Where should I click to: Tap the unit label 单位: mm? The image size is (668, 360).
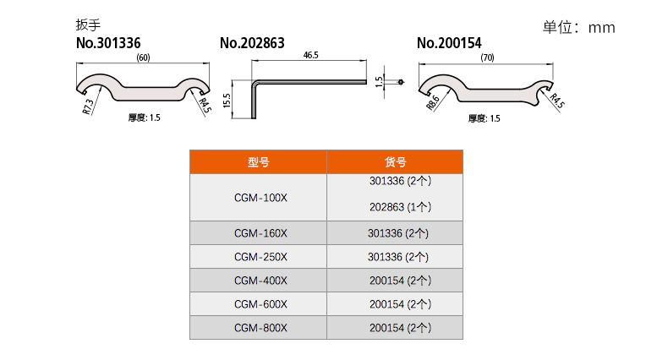coord(578,27)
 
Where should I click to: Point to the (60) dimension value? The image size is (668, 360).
coord(143,57)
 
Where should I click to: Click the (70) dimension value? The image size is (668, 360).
coord(487,57)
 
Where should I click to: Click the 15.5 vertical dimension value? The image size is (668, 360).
coord(227,100)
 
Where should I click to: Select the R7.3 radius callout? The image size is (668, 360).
coord(89,105)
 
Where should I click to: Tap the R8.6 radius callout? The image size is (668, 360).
coord(433,102)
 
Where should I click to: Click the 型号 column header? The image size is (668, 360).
coord(258,162)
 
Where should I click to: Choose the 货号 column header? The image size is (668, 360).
coord(395,162)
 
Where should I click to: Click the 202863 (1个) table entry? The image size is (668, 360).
coord(400,207)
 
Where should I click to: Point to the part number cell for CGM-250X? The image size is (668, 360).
coord(400,257)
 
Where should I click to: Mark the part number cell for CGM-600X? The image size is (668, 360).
coord(400,304)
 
